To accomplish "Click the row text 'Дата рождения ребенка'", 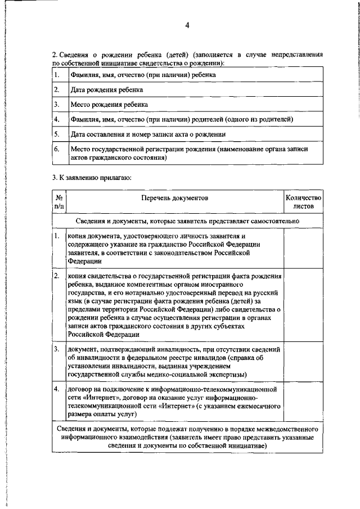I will [x=106, y=89].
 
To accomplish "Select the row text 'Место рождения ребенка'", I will [x=109, y=105].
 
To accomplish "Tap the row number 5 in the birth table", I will [x=57, y=134].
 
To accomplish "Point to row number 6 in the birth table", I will [x=57, y=150].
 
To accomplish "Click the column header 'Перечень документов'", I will [x=174, y=198].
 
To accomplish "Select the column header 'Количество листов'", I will [x=303, y=202].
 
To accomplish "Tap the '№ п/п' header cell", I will [x=58, y=202].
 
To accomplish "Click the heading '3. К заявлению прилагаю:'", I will [x=91, y=178].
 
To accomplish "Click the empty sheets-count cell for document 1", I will [x=303, y=249].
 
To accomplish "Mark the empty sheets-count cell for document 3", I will [x=303, y=362].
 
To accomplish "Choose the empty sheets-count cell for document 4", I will [x=303, y=402].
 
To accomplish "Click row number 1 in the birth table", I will [x=57, y=74].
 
